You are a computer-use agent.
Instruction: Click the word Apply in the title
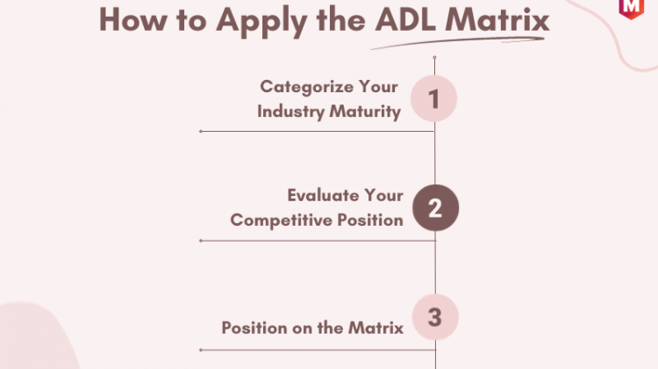tap(261, 21)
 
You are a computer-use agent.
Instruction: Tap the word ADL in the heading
tap(405, 19)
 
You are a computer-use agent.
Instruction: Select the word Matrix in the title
tap(497, 19)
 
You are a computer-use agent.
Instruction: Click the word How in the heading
tap(132, 19)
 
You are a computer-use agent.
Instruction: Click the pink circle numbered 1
tap(433, 98)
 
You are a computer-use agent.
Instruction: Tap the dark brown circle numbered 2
tap(435, 207)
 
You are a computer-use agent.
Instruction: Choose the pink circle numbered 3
tap(435, 317)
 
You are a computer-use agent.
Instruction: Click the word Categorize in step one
tap(305, 87)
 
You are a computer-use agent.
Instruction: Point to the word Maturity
tap(365, 112)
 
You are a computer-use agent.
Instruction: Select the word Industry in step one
tap(290, 112)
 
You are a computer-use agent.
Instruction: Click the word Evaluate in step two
tap(323, 195)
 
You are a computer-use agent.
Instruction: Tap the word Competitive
tap(281, 221)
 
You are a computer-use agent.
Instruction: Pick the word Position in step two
tap(370, 220)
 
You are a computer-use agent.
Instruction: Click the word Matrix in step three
tap(376, 328)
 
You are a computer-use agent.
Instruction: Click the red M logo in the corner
tap(631, 9)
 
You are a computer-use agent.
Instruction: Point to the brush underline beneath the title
tap(457, 43)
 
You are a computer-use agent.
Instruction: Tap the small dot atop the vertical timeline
tap(434, 57)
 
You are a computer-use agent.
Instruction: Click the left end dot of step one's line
tap(201, 131)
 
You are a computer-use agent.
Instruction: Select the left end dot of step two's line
tap(201, 241)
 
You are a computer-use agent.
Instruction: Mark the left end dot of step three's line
tap(201, 350)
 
